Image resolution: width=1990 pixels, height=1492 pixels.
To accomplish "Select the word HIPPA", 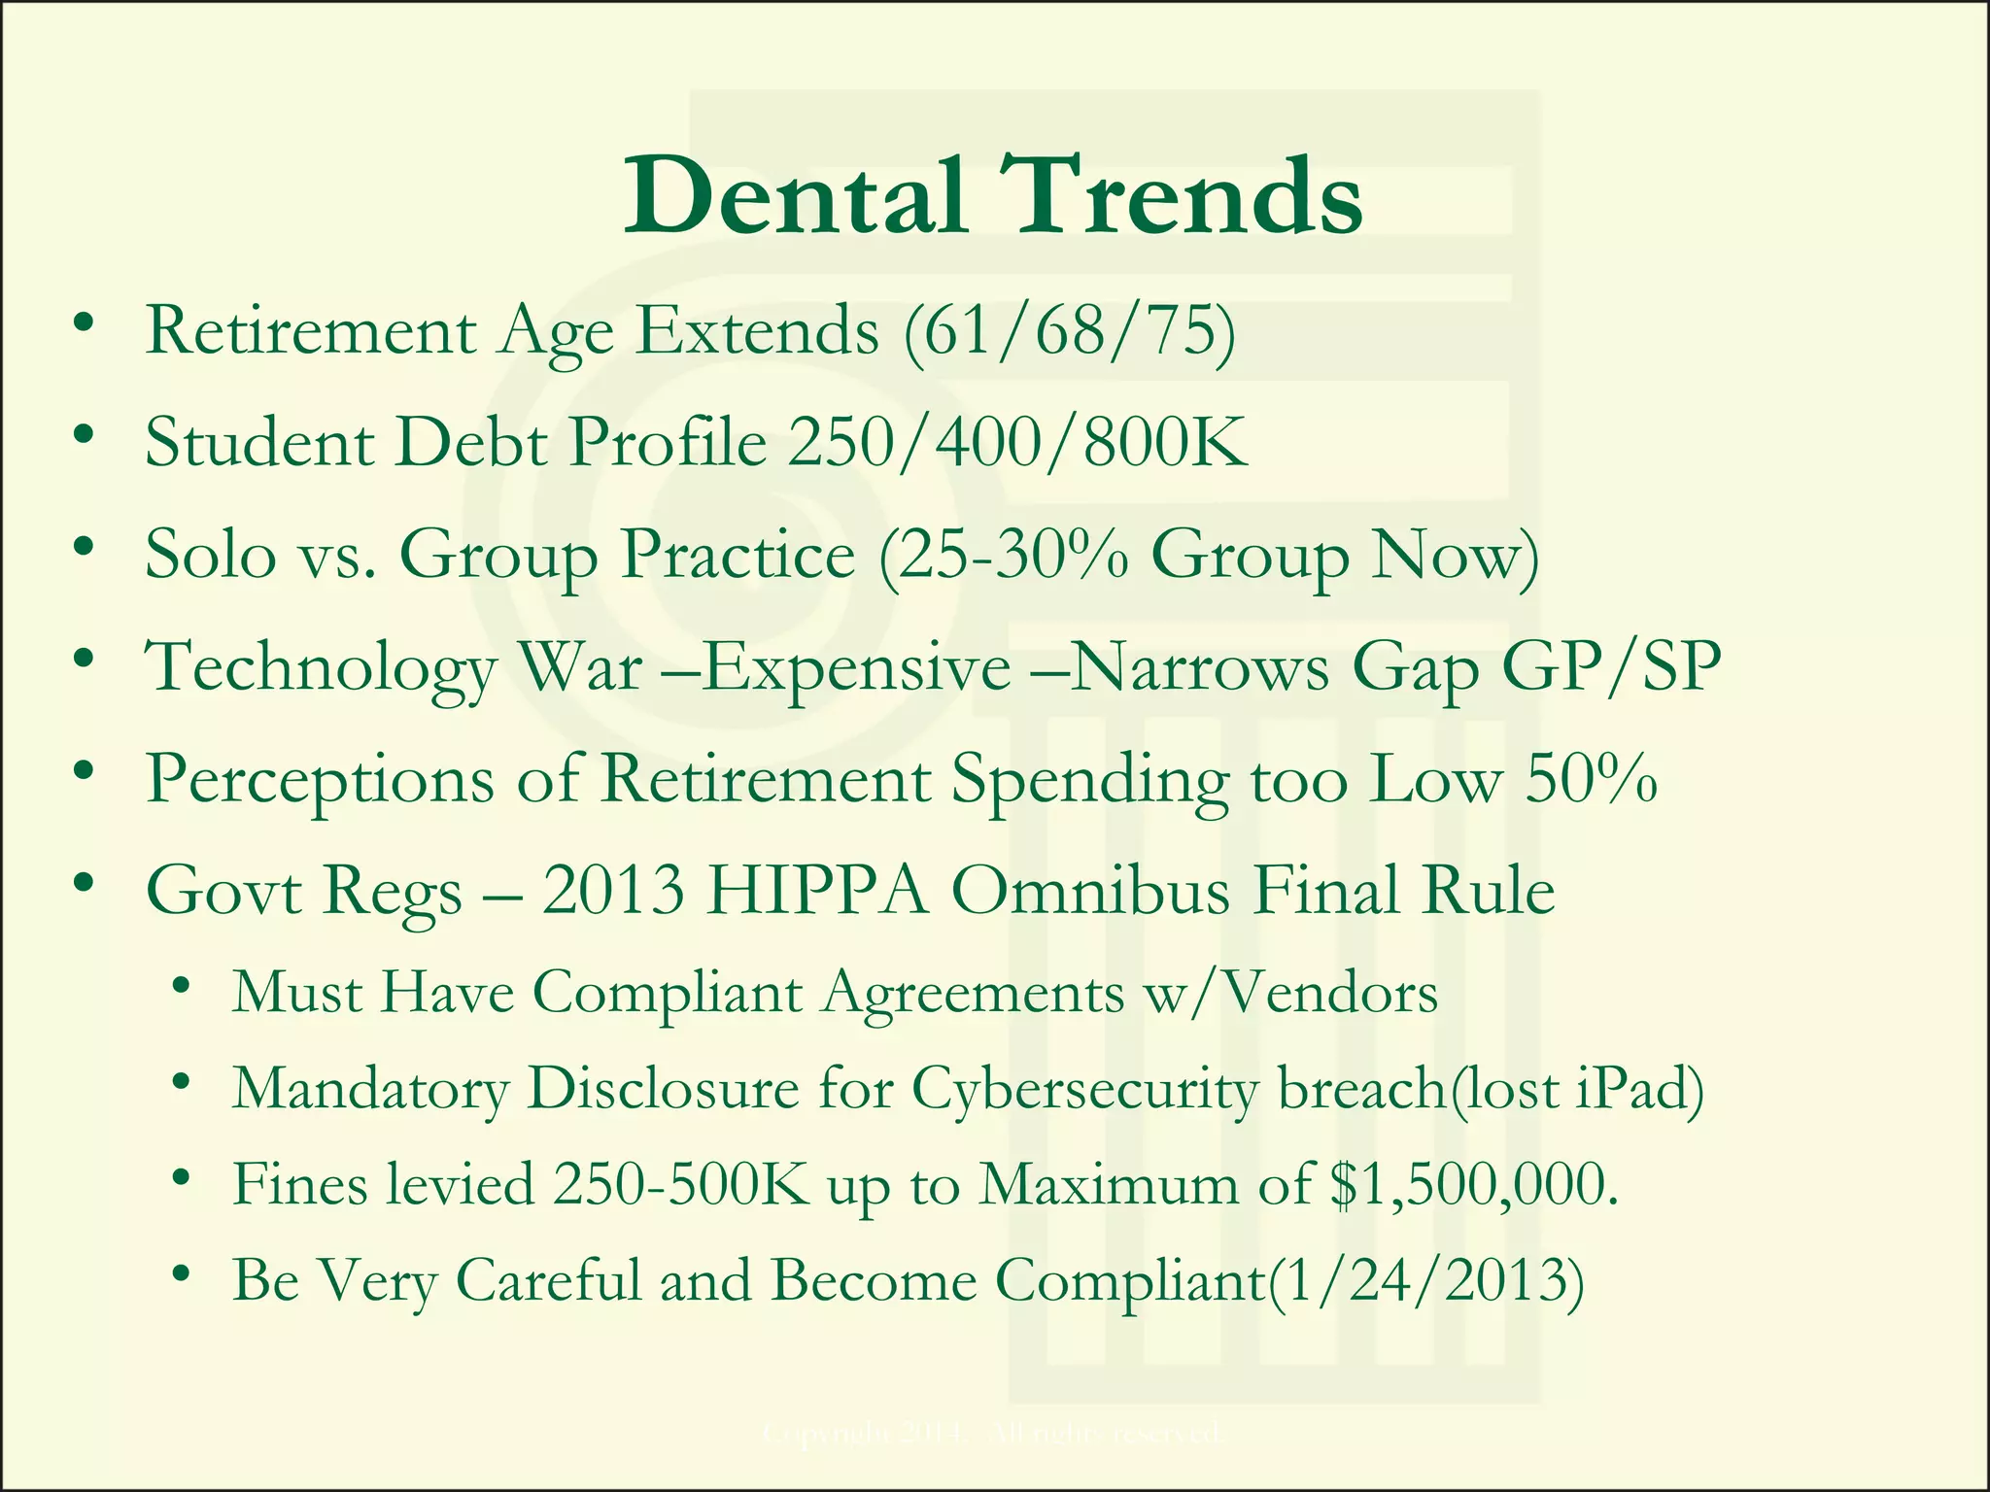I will (x=817, y=892).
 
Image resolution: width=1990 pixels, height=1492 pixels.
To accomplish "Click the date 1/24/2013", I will (x=1424, y=1281).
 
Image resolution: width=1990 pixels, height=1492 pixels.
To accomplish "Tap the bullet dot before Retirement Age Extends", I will (x=85, y=324).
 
